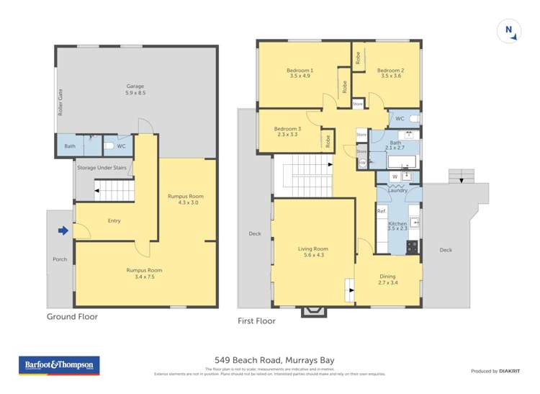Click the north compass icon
(x=508, y=30)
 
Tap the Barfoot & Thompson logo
(x=60, y=365)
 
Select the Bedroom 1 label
(x=300, y=73)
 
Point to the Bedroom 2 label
(x=390, y=73)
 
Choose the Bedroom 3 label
(x=287, y=131)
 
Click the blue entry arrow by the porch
(x=63, y=230)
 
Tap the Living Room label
(x=313, y=252)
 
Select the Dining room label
(x=387, y=279)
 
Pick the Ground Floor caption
(x=72, y=316)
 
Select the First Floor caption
(x=256, y=321)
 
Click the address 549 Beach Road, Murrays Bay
(x=274, y=360)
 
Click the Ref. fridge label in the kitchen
(x=382, y=211)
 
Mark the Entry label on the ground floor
(x=114, y=220)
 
